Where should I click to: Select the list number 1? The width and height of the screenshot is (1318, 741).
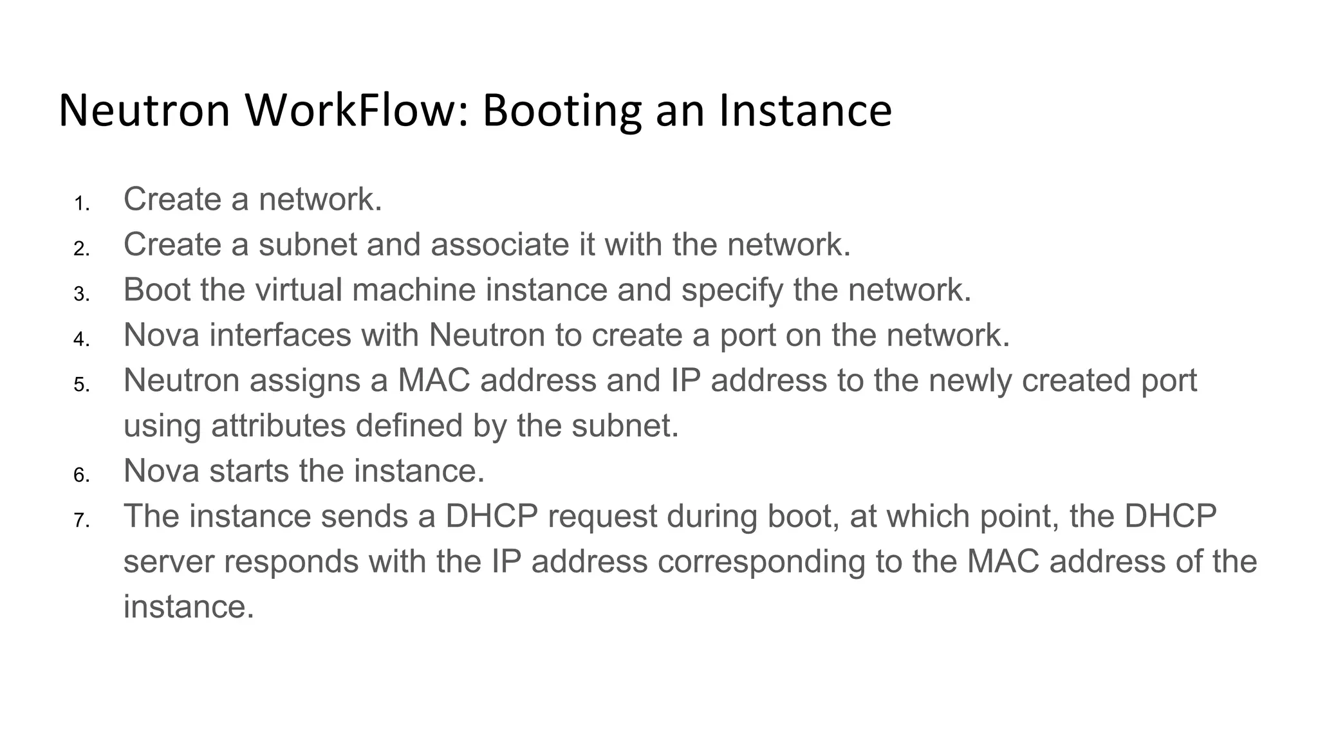click(x=81, y=204)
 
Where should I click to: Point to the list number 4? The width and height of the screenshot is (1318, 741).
click(x=81, y=339)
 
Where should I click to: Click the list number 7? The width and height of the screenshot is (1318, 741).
click(x=81, y=520)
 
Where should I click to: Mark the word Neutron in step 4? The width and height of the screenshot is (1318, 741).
click(x=487, y=335)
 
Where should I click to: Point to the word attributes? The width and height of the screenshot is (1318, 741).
click(x=279, y=426)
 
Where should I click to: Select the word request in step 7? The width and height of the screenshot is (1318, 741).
click(x=602, y=517)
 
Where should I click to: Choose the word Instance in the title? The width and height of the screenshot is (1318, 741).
click(x=805, y=110)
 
